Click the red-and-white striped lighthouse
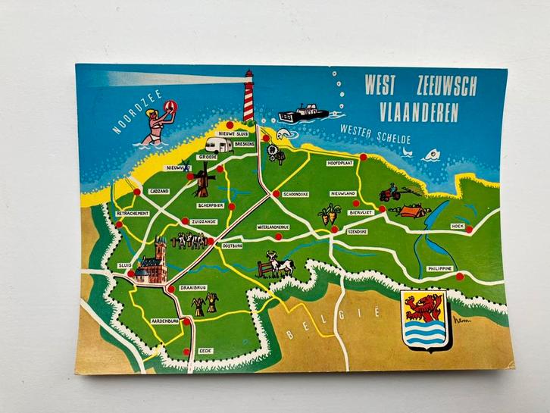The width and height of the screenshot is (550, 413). coord(248,96)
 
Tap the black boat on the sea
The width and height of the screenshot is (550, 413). coord(303,114)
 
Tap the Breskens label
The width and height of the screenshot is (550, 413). coord(244,143)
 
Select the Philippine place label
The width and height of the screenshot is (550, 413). coord(439,268)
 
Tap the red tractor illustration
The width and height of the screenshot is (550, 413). coord(389,194)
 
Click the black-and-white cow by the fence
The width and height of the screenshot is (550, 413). coord(281,265)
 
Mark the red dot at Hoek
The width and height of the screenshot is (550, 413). coord(469,229)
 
